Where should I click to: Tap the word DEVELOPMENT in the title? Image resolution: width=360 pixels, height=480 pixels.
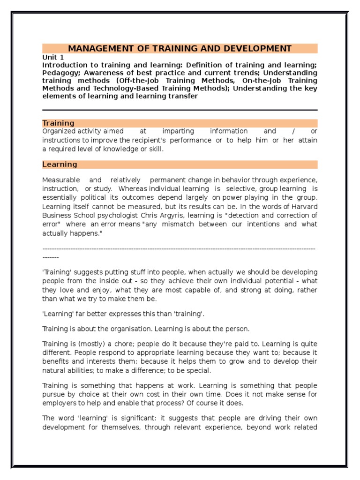tap(259, 49)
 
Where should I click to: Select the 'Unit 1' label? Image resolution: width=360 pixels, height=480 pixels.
tap(52, 57)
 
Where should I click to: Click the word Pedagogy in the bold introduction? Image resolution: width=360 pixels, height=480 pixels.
tap(60, 73)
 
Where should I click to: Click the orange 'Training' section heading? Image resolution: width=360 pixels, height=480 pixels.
tap(58, 123)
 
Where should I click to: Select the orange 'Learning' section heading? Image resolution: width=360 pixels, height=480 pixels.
tap(60, 165)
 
